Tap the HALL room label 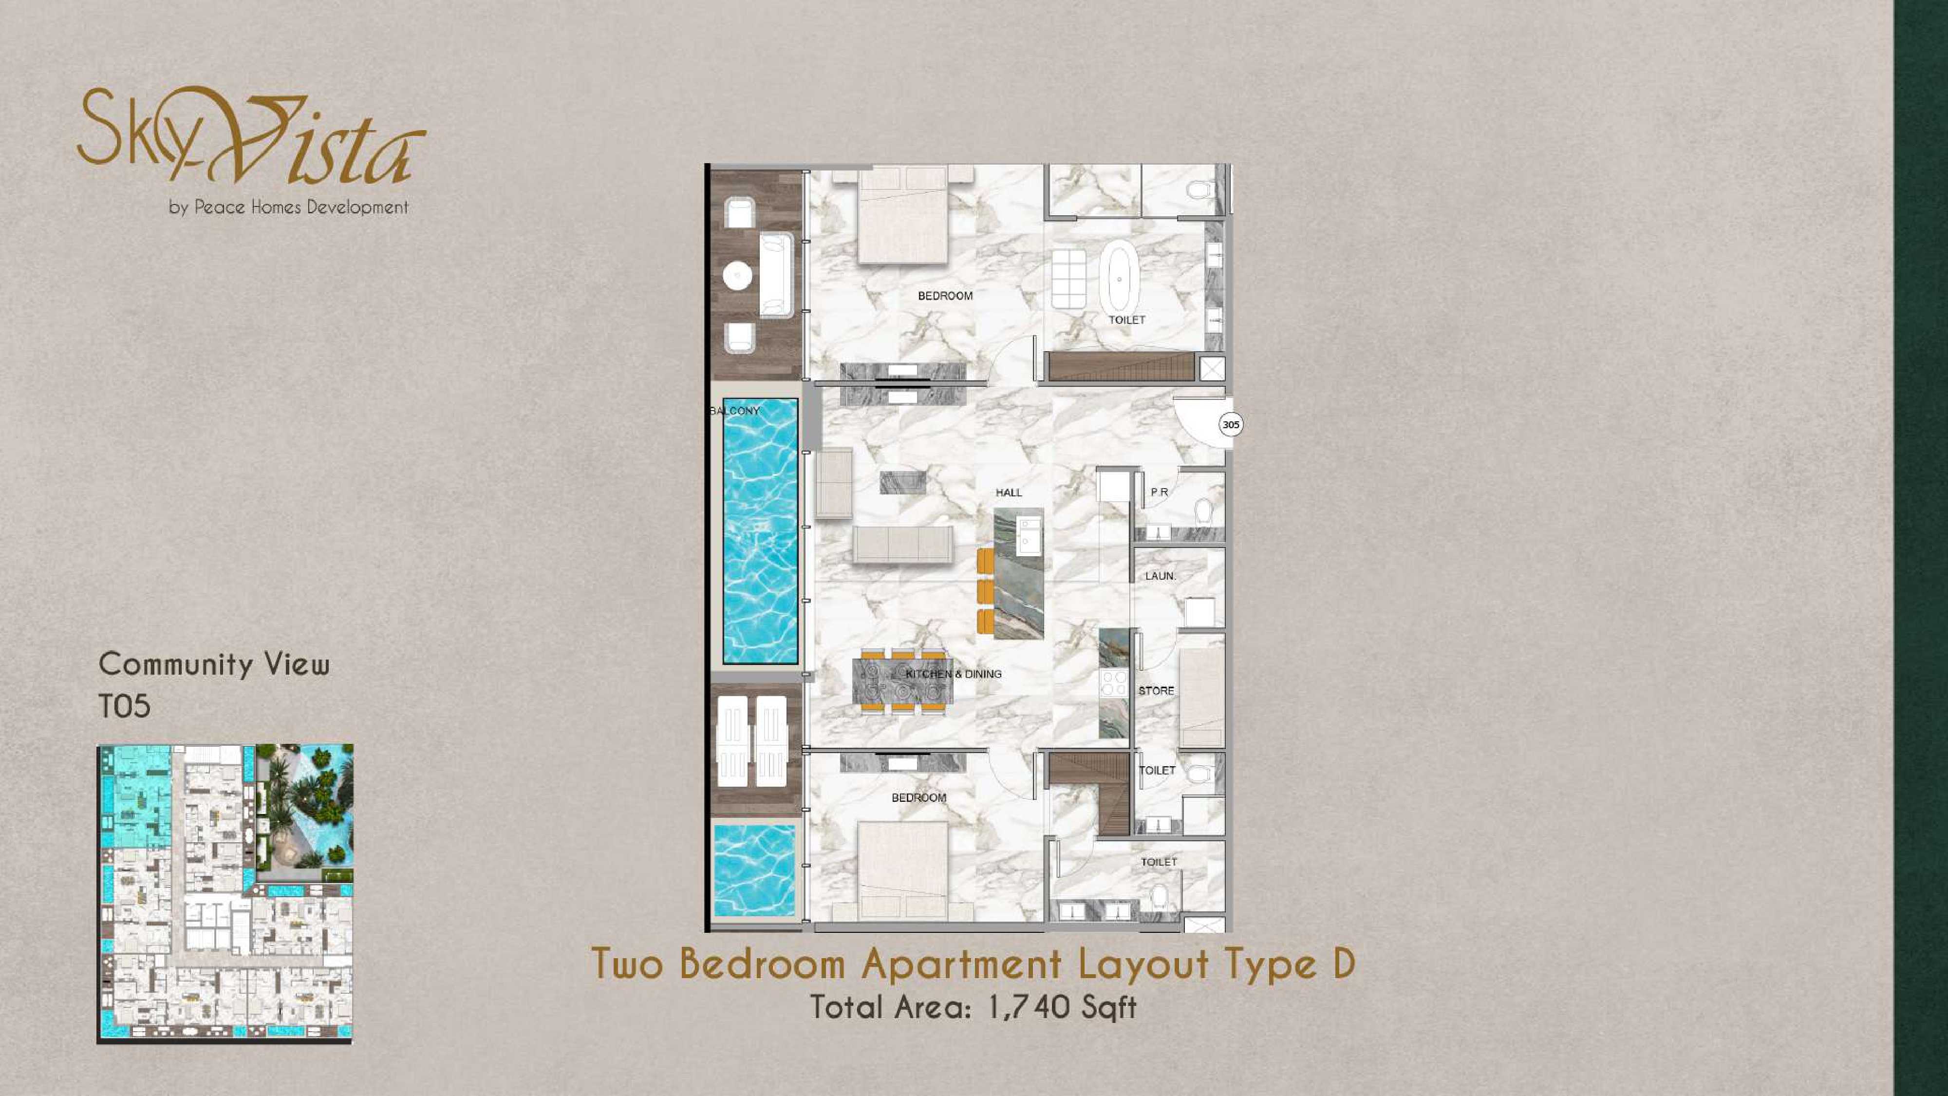point(1009,492)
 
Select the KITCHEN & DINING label point(954,674)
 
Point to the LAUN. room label point(1160,576)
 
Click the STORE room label point(1156,691)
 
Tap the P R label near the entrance point(1159,492)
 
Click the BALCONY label point(734,411)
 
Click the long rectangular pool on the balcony point(760,531)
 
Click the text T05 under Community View point(125,706)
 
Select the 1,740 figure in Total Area point(1029,1007)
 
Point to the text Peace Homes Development point(301,207)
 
